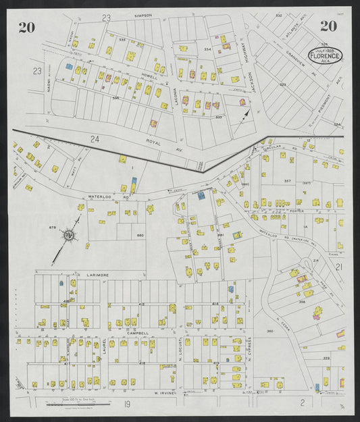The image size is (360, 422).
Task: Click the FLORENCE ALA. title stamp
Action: coord(326,55)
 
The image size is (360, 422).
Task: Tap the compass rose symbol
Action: coord(69,234)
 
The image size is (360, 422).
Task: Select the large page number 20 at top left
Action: coord(26,28)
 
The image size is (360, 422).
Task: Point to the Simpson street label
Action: coord(144,15)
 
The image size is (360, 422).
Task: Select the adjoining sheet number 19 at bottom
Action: coord(126,404)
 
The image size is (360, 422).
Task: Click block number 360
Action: coord(269,331)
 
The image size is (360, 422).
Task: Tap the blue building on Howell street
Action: coord(68,67)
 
